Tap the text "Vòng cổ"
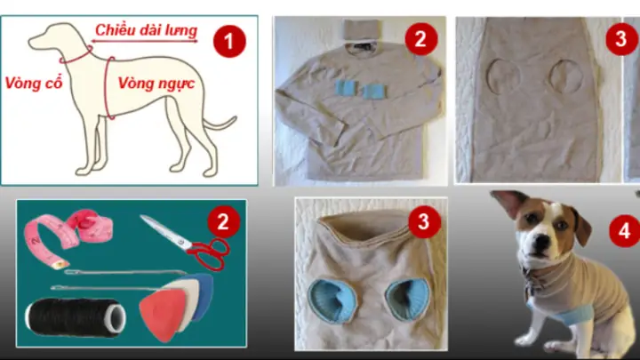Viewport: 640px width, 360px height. point(31,84)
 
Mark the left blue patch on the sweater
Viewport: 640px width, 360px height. point(347,90)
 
